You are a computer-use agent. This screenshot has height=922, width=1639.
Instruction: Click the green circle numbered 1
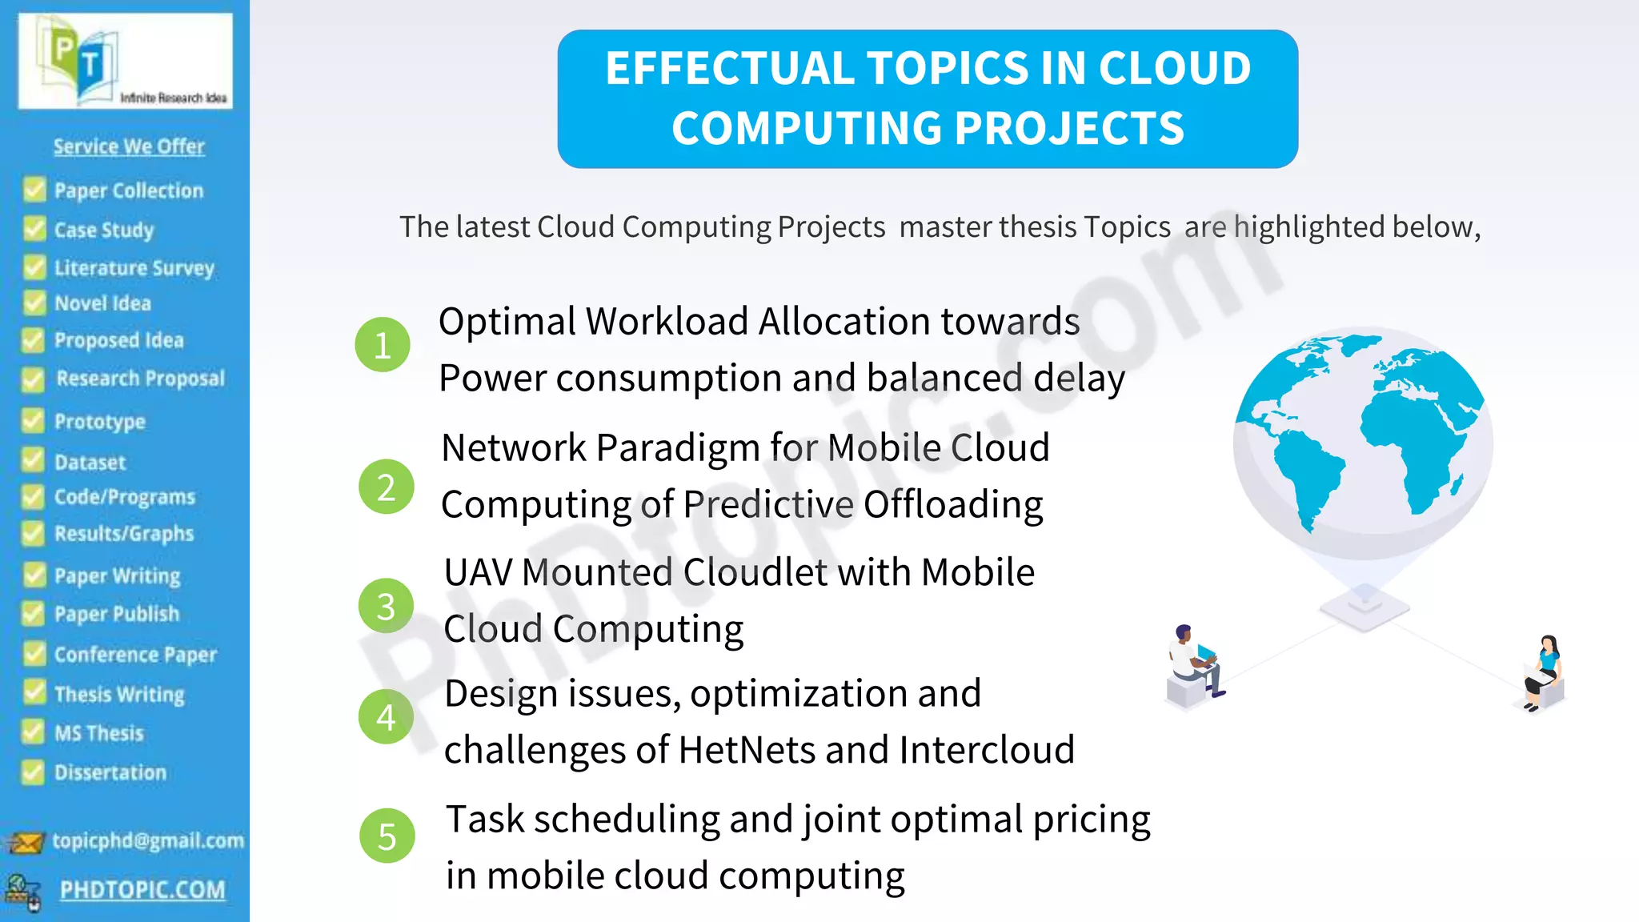(383, 345)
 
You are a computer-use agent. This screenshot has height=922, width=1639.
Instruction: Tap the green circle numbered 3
(386, 606)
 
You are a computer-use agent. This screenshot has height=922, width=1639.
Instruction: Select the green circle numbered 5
(387, 836)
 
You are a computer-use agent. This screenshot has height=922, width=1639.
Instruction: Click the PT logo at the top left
(126, 62)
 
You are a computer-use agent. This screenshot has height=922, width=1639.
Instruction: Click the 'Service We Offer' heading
(129, 146)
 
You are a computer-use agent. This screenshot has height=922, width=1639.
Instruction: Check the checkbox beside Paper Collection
(34, 190)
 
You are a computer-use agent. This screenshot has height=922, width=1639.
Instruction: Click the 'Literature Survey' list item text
(134, 267)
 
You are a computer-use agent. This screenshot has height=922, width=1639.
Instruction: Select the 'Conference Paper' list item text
(135, 654)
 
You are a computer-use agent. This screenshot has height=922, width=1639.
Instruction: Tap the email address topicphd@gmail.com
(148, 840)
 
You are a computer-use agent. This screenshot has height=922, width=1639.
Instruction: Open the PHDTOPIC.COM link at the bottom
(142, 889)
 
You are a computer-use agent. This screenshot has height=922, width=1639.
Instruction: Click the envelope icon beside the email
(25, 843)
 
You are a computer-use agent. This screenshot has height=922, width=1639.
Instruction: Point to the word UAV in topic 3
(478, 572)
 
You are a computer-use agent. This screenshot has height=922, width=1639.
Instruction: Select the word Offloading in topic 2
(952, 504)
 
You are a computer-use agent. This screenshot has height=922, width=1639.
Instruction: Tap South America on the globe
(1304, 472)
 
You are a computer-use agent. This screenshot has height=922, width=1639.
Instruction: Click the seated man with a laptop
(1194, 664)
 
